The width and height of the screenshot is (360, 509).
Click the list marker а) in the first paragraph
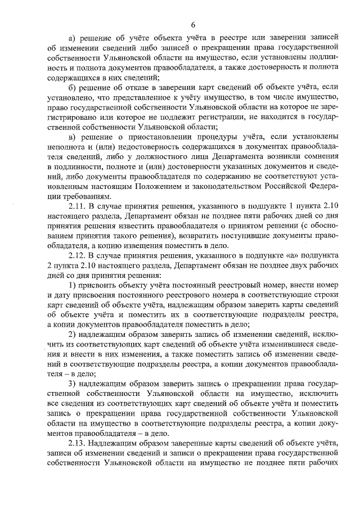71,38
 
